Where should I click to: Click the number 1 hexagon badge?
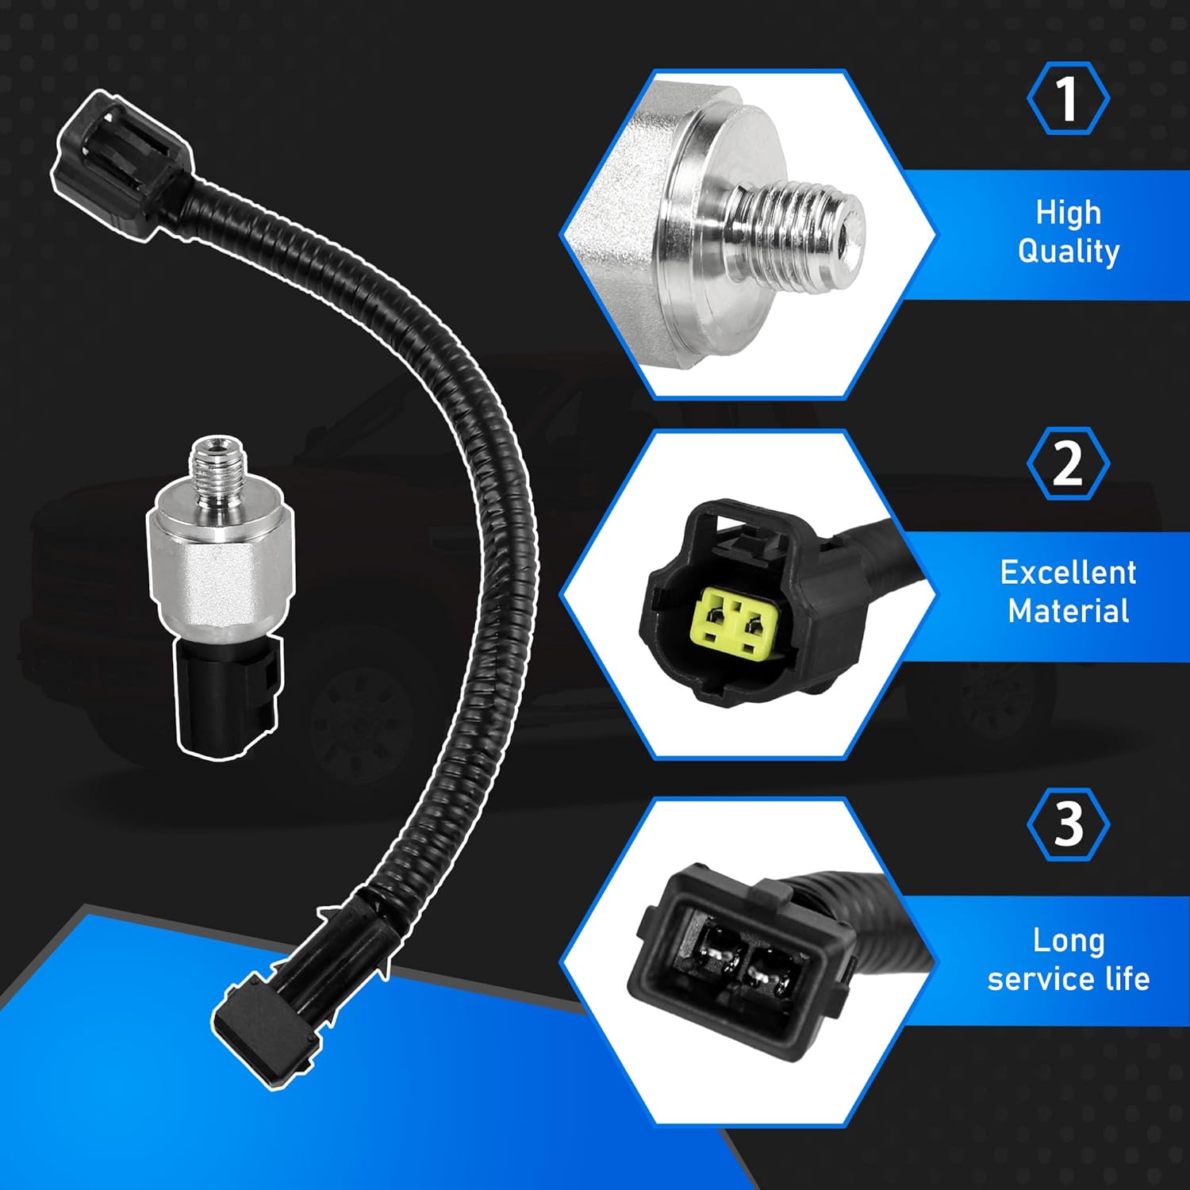click(x=1068, y=98)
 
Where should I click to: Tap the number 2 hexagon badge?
click(x=1068, y=463)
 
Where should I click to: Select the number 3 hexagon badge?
click(x=1068, y=824)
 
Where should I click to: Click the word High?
click(x=1068, y=213)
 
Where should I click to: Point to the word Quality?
click(x=1068, y=251)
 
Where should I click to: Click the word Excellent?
click(x=1068, y=572)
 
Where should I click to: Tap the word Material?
click(x=1068, y=611)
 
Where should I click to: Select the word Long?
click(x=1068, y=940)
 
